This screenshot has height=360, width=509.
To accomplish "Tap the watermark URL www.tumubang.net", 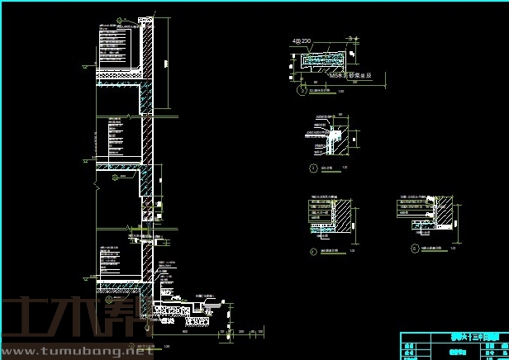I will click(83, 353).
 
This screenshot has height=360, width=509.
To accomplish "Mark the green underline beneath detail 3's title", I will click(328, 170).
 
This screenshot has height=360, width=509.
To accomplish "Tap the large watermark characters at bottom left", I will click(66, 318).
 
